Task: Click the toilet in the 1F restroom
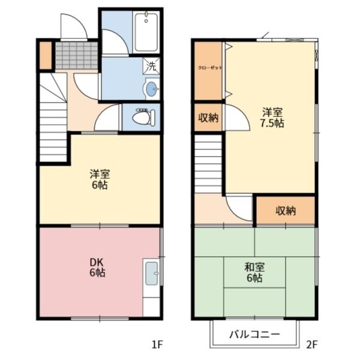click(144, 118)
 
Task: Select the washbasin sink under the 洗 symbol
click(151, 88)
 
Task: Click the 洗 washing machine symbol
click(151, 66)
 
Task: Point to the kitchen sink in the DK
click(152, 274)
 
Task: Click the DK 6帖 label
click(97, 267)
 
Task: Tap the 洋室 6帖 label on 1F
click(100, 179)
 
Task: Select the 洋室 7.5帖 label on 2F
click(272, 118)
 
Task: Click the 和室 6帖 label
click(254, 272)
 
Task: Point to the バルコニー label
click(254, 334)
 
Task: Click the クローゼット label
click(210, 68)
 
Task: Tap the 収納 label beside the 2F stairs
click(208, 118)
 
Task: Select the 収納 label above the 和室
click(286, 211)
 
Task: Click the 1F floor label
click(157, 344)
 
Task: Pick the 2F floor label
click(312, 344)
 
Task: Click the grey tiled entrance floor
click(77, 55)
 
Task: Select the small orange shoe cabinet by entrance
click(46, 55)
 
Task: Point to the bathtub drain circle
click(146, 21)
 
